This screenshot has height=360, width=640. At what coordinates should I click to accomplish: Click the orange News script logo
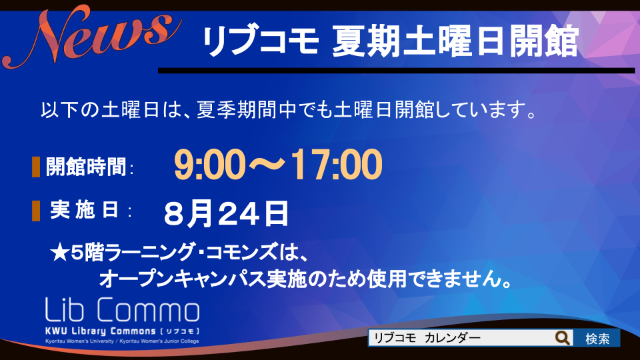(x=92, y=37)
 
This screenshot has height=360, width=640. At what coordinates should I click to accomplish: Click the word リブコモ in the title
(x=261, y=41)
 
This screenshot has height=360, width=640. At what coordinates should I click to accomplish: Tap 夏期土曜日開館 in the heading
(x=455, y=41)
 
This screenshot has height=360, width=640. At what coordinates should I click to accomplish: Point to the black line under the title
(x=396, y=71)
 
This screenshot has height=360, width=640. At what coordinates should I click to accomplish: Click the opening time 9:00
(x=210, y=165)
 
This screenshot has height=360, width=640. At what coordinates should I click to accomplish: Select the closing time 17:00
(x=337, y=165)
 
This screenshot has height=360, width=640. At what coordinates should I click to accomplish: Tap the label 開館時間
(x=86, y=167)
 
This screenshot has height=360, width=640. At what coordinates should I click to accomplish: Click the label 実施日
(x=85, y=210)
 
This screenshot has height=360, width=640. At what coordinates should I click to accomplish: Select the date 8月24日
(x=226, y=213)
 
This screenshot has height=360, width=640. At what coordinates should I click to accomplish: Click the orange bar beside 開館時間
(x=36, y=167)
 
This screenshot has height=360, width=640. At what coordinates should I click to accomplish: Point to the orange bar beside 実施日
(x=36, y=211)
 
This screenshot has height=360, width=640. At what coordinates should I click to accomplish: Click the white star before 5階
(x=60, y=253)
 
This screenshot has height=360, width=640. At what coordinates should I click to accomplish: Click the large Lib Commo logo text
(x=122, y=309)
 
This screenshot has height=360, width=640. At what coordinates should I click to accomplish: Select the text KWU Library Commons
(x=101, y=331)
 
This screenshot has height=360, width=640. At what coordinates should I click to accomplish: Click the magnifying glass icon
(x=563, y=338)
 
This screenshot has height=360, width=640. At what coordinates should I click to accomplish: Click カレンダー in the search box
(x=452, y=338)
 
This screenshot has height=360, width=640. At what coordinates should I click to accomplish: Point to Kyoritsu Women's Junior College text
(x=159, y=341)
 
